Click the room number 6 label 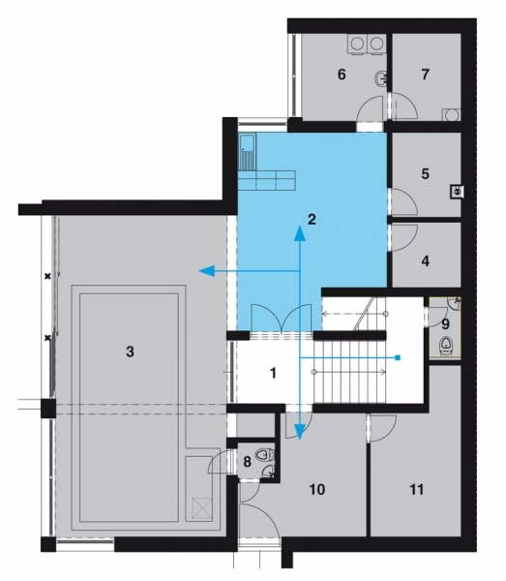click(x=342, y=75)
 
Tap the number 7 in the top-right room click(x=425, y=75)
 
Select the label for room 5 click(x=425, y=173)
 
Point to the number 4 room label click(x=426, y=261)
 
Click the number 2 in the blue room click(x=312, y=220)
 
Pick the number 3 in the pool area click(x=130, y=352)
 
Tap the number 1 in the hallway click(x=273, y=373)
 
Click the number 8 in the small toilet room click(x=247, y=462)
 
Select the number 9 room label click(x=445, y=324)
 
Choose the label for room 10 click(x=316, y=489)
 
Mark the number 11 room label click(x=416, y=489)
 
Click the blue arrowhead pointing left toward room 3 click(x=206, y=271)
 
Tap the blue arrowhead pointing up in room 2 click(x=300, y=232)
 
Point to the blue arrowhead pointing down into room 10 click(x=300, y=432)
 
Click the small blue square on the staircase click(x=398, y=357)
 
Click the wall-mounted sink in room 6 click(x=381, y=77)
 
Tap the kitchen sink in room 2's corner click(x=248, y=152)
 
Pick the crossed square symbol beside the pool click(x=202, y=507)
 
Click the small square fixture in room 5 click(x=457, y=192)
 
